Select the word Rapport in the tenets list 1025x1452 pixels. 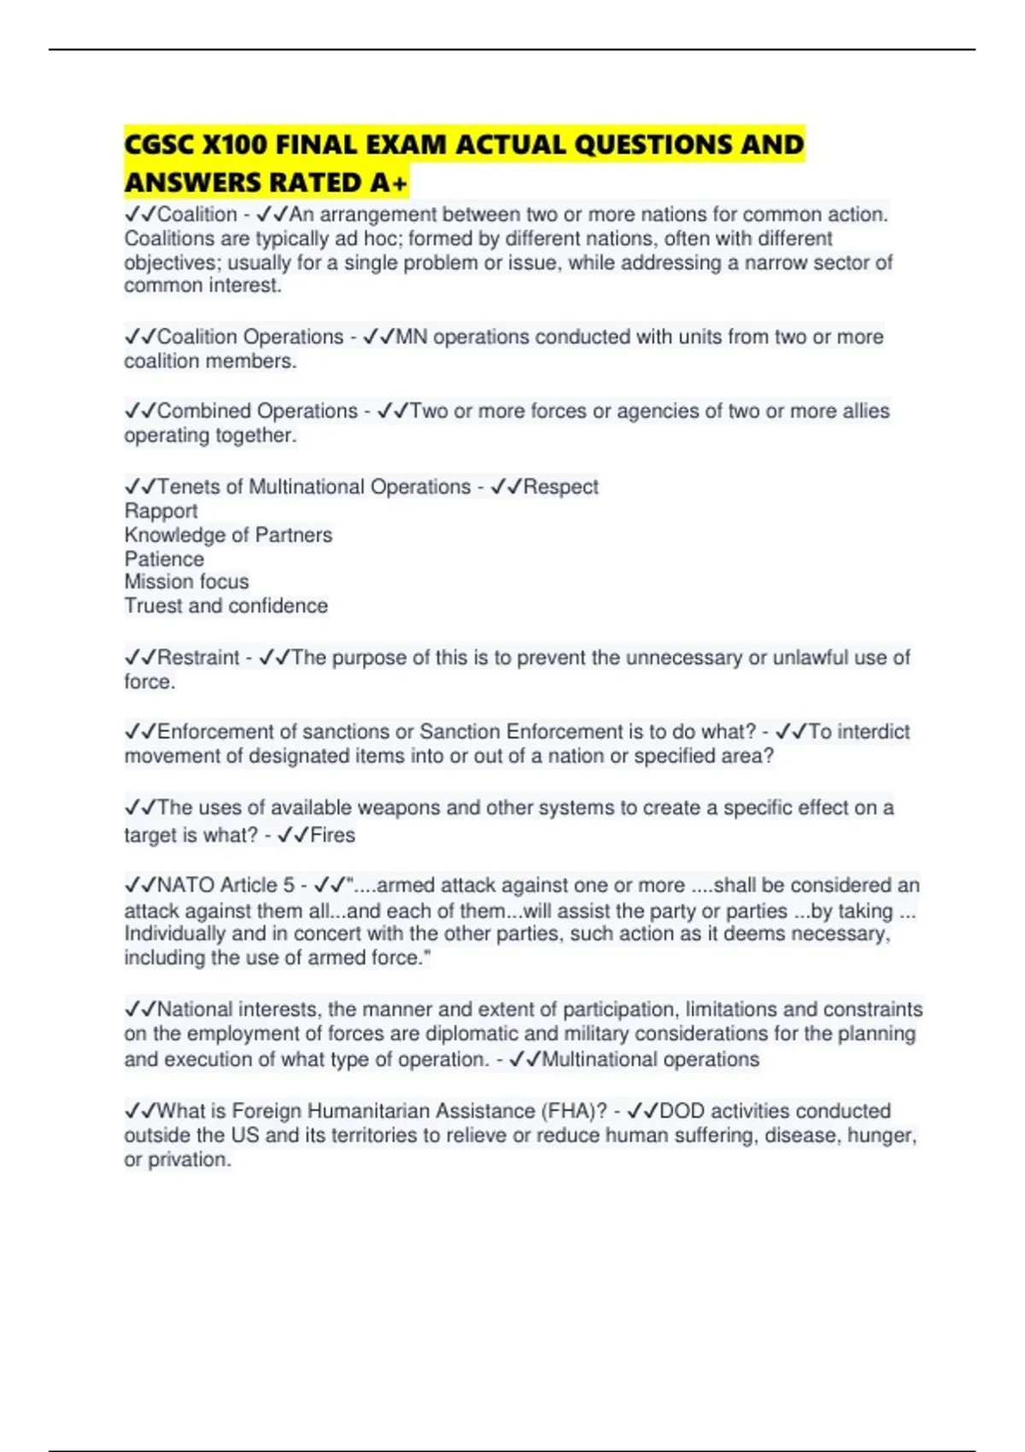click(161, 511)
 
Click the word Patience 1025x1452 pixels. click(164, 559)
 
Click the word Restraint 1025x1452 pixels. click(198, 658)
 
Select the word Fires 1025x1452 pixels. click(332, 835)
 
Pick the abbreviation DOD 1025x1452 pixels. click(682, 1111)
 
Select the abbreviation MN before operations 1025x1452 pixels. click(412, 337)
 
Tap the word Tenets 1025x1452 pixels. click(188, 487)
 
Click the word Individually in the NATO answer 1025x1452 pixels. click(171, 934)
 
